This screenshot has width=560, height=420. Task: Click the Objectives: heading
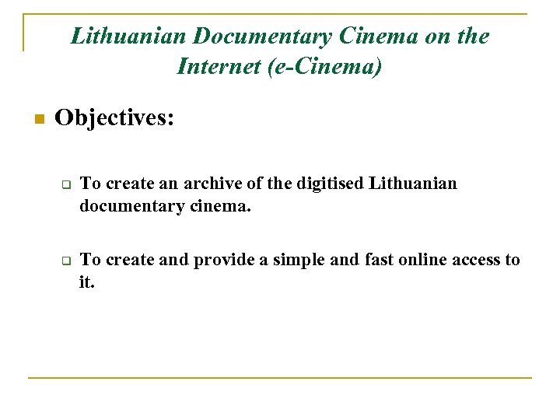point(114,118)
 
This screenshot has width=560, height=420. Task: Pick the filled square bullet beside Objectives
point(36,120)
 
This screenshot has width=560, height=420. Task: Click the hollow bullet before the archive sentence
point(67,186)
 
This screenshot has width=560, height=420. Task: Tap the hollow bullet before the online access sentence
point(67,261)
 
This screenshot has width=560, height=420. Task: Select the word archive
point(210,184)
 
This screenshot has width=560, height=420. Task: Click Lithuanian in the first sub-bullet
point(413,184)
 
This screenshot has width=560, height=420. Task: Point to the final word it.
point(86,282)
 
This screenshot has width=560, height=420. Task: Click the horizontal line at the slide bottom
point(280,378)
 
